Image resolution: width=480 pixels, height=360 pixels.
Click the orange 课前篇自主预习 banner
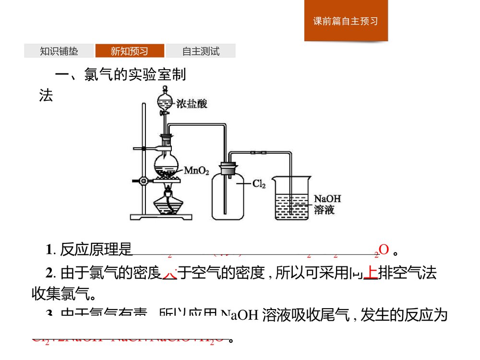point(346,21)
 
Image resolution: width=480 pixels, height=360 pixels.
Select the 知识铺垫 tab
point(59,51)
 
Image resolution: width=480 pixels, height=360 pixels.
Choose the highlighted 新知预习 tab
point(130,51)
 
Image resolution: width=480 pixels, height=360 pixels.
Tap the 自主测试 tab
point(201,51)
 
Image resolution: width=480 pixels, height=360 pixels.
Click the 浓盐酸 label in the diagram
point(192,104)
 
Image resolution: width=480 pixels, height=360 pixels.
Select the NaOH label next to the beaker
point(327,198)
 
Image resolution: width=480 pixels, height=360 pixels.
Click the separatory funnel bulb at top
point(165,100)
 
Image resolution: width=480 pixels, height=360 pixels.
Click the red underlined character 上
point(370,273)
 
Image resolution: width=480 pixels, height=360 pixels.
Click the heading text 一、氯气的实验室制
point(121,75)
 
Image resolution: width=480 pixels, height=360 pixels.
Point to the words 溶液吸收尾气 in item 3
point(309,316)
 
